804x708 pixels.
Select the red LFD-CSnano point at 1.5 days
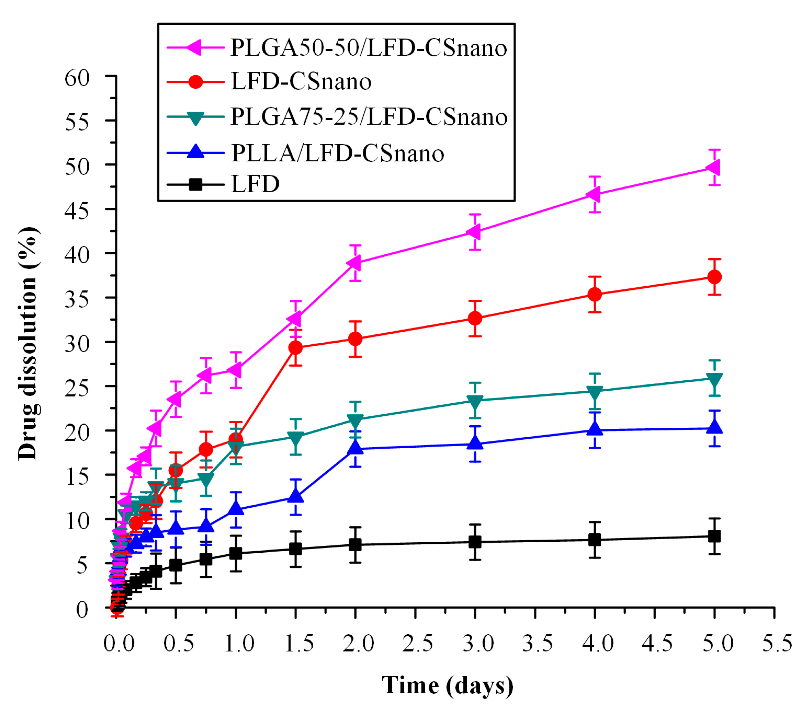295,348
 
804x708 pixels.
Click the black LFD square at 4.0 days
595,540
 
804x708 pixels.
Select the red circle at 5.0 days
714,277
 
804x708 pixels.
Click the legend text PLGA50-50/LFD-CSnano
368,48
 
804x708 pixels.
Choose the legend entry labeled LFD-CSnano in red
301,82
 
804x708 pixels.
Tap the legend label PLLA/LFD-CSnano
337,153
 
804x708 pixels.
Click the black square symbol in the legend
195,184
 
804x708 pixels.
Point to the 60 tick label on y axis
77,78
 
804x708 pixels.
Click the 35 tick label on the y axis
77,299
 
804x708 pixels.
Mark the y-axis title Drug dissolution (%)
28,343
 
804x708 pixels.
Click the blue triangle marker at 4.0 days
595,429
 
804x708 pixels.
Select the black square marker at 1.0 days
235,554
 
